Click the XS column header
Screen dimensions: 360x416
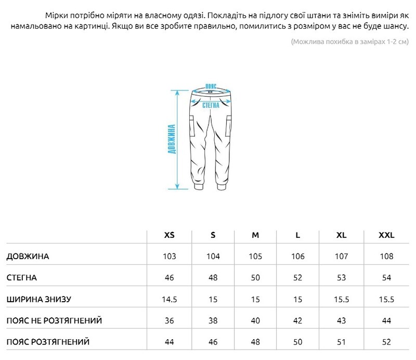coord(169,235)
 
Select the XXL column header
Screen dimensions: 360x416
coord(386,235)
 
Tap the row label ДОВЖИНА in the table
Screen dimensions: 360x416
coord(28,256)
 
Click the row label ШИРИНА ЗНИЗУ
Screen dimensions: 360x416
coord(38,300)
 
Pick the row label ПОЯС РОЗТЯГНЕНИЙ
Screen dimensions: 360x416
coord(48,342)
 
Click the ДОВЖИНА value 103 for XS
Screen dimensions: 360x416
coord(169,256)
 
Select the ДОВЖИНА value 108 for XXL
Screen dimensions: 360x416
coord(386,256)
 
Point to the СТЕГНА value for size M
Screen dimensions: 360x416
coord(255,278)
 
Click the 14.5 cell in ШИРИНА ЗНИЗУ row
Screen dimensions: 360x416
coord(169,300)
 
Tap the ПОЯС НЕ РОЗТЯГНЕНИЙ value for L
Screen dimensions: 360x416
coord(297,321)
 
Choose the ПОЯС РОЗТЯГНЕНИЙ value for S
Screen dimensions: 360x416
coord(213,342)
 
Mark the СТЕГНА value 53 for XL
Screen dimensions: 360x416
coord(341,278)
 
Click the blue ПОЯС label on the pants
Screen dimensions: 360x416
coord(211,85)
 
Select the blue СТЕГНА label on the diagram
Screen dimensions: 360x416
coord(211,104)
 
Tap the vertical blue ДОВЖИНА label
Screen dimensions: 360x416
coord(172,139)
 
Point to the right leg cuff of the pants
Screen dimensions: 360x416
coord(221,186)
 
